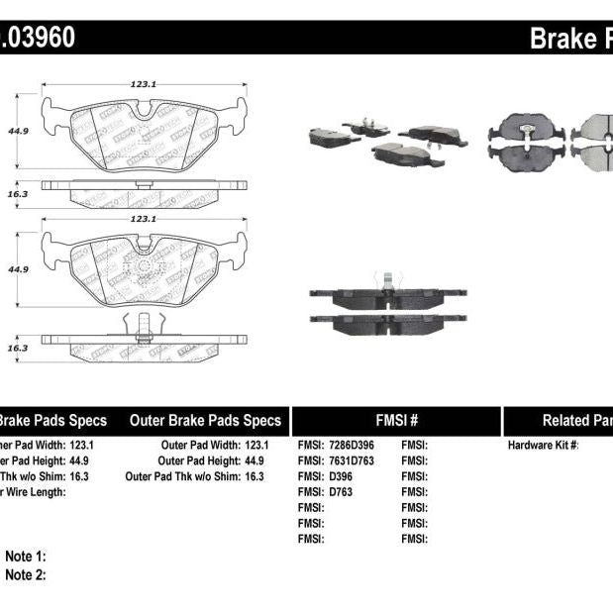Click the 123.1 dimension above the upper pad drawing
click(x=144, y=85)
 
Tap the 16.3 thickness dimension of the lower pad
click(x=16, y=347)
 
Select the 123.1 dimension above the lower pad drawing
click(x=144, y=218)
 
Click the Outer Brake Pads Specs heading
click(x=205, y=420)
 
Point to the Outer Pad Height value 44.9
click(x=255, y=460)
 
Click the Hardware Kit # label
click(x=543, y=446)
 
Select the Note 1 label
click(x=26, y=558)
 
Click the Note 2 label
click(x=26, y=574)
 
